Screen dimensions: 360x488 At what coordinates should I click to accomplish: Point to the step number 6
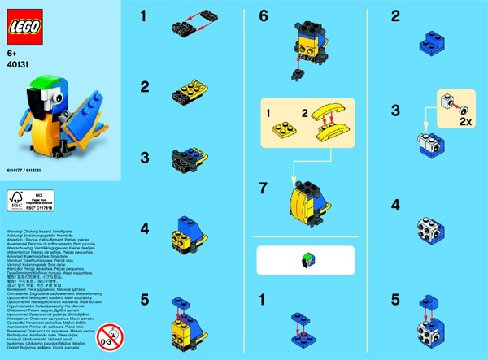(263, 15)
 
